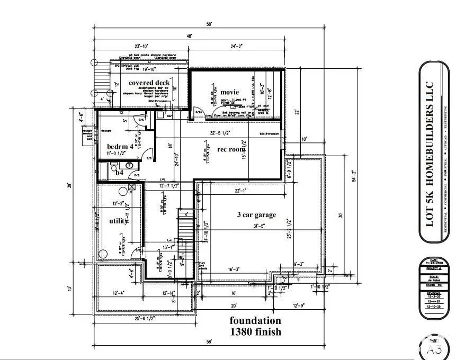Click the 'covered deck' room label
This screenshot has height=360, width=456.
[x=149, y=83]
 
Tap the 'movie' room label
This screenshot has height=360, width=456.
[x=230, y=92]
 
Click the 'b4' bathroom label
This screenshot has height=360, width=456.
[x=119, y=172]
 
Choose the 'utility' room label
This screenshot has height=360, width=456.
[x=118, y=221]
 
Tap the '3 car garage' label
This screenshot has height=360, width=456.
[x=256, y=214]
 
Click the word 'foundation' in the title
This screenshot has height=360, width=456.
[x=255, y=320]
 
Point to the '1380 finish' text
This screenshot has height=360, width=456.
[x=255, y=332]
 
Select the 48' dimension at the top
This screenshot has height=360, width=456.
[x=189, y=35]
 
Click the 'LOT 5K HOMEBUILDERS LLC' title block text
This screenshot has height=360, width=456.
[x=431, y=154]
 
